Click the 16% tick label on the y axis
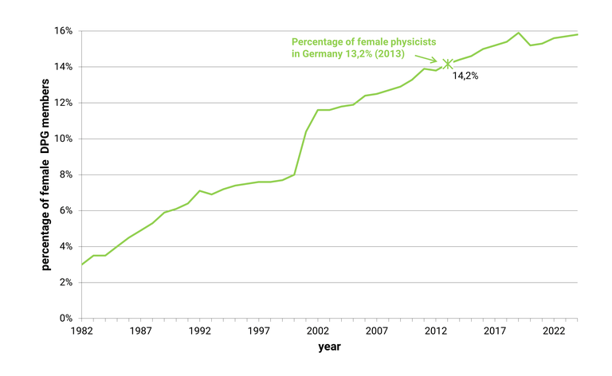point(63,31)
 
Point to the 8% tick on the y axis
point(65,174)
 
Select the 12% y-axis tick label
point(63,103)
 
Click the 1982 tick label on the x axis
point(82,331)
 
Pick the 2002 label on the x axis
point(318,331)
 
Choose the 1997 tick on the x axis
point(259,331)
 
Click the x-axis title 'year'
point(329,347)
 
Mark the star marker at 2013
point(448,63)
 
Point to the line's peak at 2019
point(519,33)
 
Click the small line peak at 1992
point(200,191)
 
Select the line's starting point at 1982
point(82,264)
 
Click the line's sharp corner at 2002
point(318,110)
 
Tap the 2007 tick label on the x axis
point(377,331)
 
